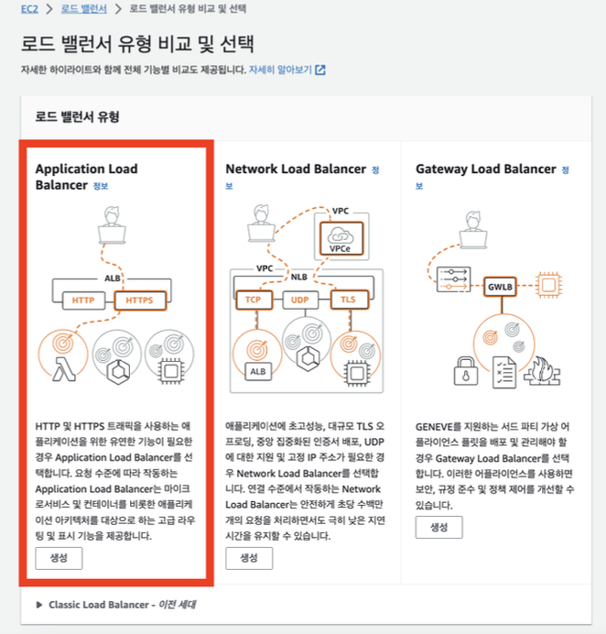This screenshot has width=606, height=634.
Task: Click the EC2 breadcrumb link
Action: click(28, 9)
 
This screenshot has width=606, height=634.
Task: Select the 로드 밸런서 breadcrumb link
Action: click(83, 9)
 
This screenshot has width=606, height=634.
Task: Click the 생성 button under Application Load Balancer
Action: click(59, 558)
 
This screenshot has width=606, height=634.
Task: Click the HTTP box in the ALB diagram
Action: click(83, 299)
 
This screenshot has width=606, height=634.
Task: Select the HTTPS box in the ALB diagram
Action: click(139, 299)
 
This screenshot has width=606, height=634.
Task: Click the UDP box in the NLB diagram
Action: click(299, 300)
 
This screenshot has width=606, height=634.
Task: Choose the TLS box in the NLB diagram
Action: click(348, 300)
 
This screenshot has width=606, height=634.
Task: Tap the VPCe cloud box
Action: click(341, 238)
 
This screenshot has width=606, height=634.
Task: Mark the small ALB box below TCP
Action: click(257, 371)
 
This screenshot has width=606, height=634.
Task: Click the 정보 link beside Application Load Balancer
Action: click(101, 186)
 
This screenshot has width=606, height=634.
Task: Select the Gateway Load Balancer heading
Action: click(485, 169)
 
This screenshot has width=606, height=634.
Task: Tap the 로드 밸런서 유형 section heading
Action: click(78, 116)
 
